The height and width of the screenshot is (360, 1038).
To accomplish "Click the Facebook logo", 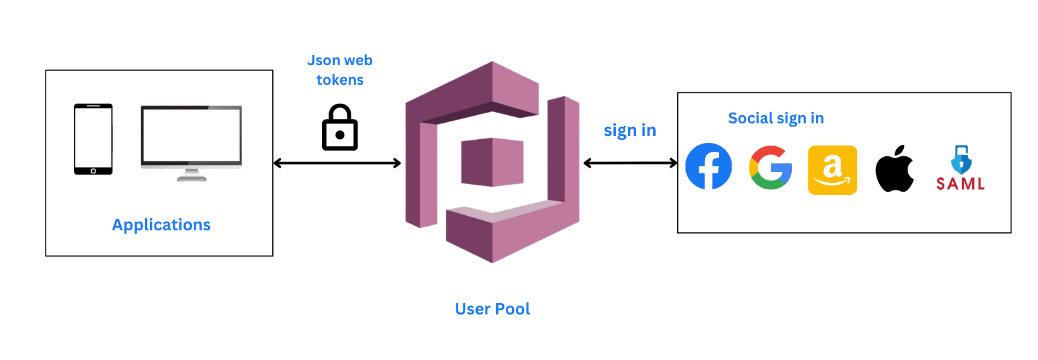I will coord(708,166).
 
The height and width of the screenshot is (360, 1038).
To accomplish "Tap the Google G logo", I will coord(770,168).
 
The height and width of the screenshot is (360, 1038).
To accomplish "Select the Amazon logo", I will coord(832,170).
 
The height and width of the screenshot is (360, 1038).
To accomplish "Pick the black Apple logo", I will coord(894,169).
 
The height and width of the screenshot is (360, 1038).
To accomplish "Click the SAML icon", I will coord(960,169).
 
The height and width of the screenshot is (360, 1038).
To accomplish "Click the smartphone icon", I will coord(93,139).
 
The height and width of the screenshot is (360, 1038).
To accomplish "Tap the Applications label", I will coord(161,225).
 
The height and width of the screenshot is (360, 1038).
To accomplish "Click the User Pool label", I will coord(492,309).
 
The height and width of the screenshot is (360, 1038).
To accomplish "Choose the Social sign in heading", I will coord(776,118).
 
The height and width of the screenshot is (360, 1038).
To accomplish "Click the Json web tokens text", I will coord(340,70).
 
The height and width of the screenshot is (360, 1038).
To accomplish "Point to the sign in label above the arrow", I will coord(630,130).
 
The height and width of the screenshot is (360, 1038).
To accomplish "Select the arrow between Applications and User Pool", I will coord(337,163).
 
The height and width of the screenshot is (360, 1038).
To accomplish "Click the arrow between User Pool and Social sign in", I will coord(630,163).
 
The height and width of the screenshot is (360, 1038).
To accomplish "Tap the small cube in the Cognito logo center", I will coord(492,162).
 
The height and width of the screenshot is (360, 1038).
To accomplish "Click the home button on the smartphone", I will coord(93,171).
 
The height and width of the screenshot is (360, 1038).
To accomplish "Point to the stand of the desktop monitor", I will coord(191,175).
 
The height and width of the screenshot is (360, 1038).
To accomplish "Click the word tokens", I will coord(340,80).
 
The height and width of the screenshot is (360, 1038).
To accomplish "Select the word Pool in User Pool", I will coord(512,309).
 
